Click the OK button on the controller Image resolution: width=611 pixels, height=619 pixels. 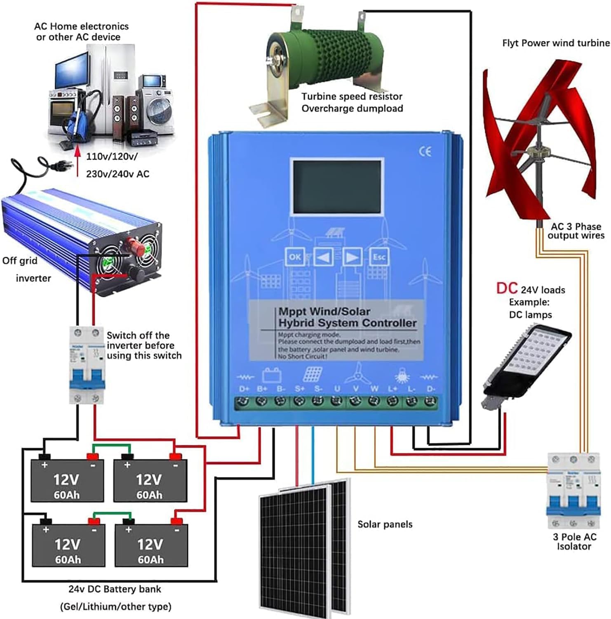tap(295, 257)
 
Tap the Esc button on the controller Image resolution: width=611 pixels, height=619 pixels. tap(379, 257)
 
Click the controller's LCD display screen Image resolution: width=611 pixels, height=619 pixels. tap(337, 187)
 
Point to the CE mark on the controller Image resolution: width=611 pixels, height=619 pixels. tap(425, 151)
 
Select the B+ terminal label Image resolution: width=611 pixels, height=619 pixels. tap(262, 389)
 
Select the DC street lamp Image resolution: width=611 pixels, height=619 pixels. tap(526, 363)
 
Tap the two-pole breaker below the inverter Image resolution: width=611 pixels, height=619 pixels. tap(87, 365)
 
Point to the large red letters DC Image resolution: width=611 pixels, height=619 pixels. tap(507, 288)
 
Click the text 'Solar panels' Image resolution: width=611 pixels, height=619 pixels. tap(385, 524)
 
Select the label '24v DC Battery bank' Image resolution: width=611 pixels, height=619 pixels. tap(115, 589)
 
